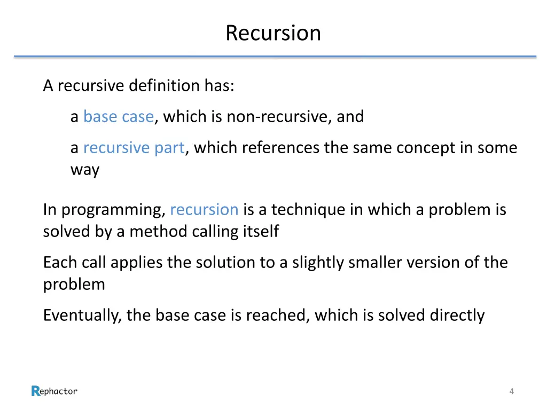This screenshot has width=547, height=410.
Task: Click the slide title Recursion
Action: point(273,33)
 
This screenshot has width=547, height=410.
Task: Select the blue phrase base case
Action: point(119,116)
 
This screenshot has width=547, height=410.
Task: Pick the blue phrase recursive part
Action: point(134,147)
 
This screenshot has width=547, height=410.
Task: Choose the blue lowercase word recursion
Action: point(204,209)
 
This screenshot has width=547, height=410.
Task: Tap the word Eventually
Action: point(83,315)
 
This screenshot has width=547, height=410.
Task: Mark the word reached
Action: point(276,315)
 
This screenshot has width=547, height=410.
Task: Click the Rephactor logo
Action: point(54,391)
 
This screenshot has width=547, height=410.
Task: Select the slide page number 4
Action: point(512,392)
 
